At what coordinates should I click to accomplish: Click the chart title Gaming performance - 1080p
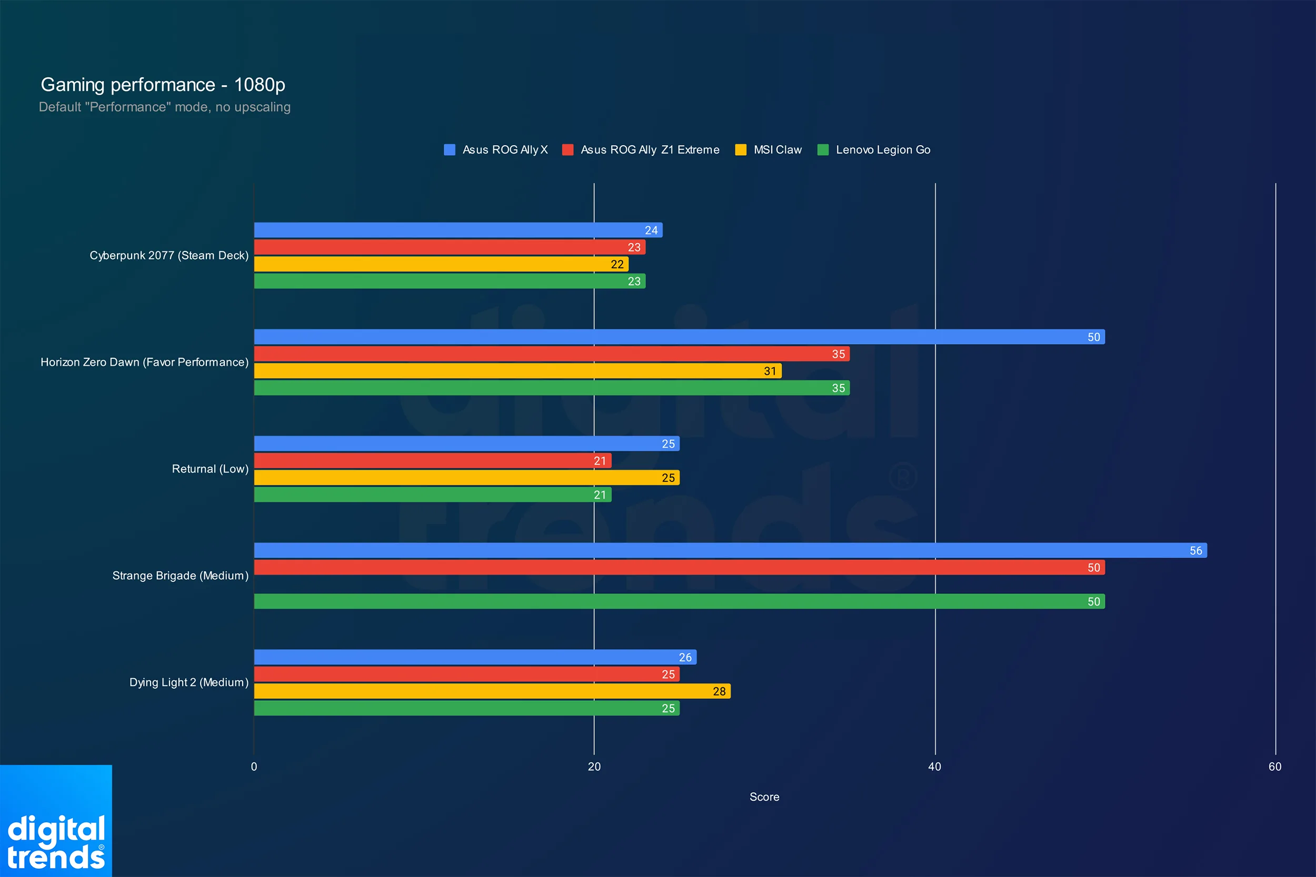point(163,85)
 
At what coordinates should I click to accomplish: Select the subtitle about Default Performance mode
point(164,107)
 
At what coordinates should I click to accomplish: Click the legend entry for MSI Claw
point(776,150)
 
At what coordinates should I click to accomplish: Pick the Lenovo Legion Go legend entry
point(882,150)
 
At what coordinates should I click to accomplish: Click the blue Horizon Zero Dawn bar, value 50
point(679,337)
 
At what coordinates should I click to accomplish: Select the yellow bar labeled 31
point(517,371)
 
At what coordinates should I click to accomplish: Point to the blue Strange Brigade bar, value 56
point(730,550)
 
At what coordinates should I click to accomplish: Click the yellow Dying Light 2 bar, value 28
point(492,691)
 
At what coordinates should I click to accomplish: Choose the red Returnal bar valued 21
point(432,461)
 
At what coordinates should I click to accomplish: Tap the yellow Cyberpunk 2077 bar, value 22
point(441,264)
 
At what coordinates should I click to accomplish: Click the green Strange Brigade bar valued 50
point(679,601)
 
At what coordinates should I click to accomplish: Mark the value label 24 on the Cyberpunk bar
point(651,230)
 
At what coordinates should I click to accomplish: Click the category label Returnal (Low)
point(210,469)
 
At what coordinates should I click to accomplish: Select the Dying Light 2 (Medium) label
point(188,682)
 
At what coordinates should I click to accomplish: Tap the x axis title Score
point(764,797)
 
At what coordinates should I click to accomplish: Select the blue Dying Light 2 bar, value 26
point(474,657)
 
